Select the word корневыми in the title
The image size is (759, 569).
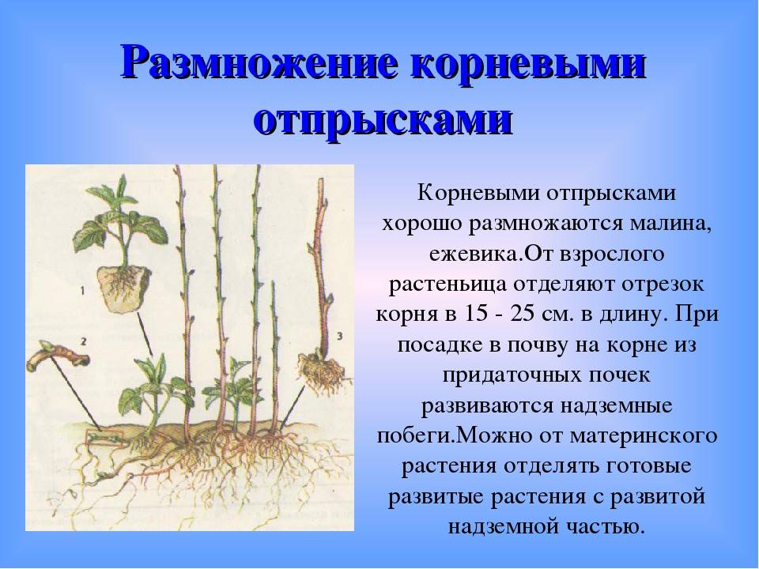pos(529,64)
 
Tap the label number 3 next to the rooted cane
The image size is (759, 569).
pos(338,336)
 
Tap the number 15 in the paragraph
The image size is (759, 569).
pos(478,314)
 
